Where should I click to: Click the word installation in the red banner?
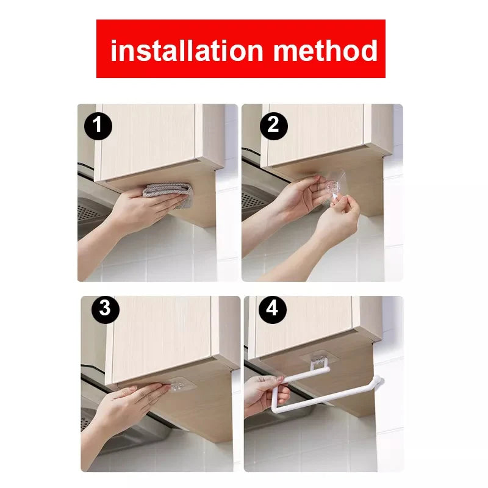coord(187,50)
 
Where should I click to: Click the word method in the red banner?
coord(326,50)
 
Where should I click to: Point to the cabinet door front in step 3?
coord(162,335)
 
